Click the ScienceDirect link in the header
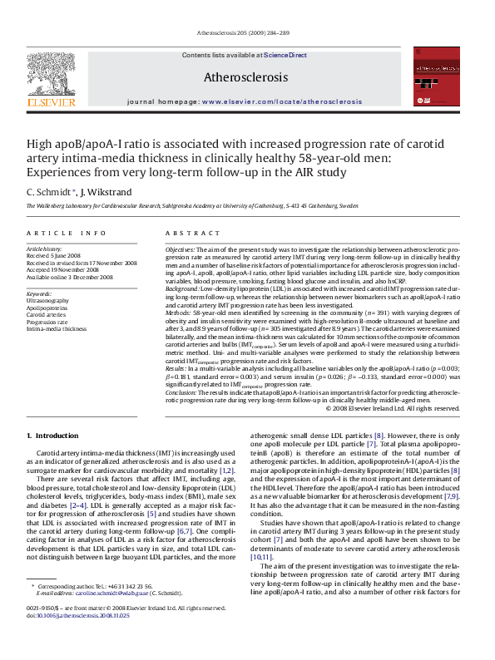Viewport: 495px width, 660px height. [285, 56]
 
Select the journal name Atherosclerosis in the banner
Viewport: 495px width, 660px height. [246, 77]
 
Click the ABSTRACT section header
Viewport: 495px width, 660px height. [189, 234]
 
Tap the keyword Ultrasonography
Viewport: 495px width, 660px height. [48, 300]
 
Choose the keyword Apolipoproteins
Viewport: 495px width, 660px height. [47, 308]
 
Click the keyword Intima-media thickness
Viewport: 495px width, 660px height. [57, 328]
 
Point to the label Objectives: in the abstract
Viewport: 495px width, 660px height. [180, 249]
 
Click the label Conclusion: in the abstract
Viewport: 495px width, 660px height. [182, 392]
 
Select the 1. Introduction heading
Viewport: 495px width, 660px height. [52, 436]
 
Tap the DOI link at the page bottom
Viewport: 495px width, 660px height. [72, 638]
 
